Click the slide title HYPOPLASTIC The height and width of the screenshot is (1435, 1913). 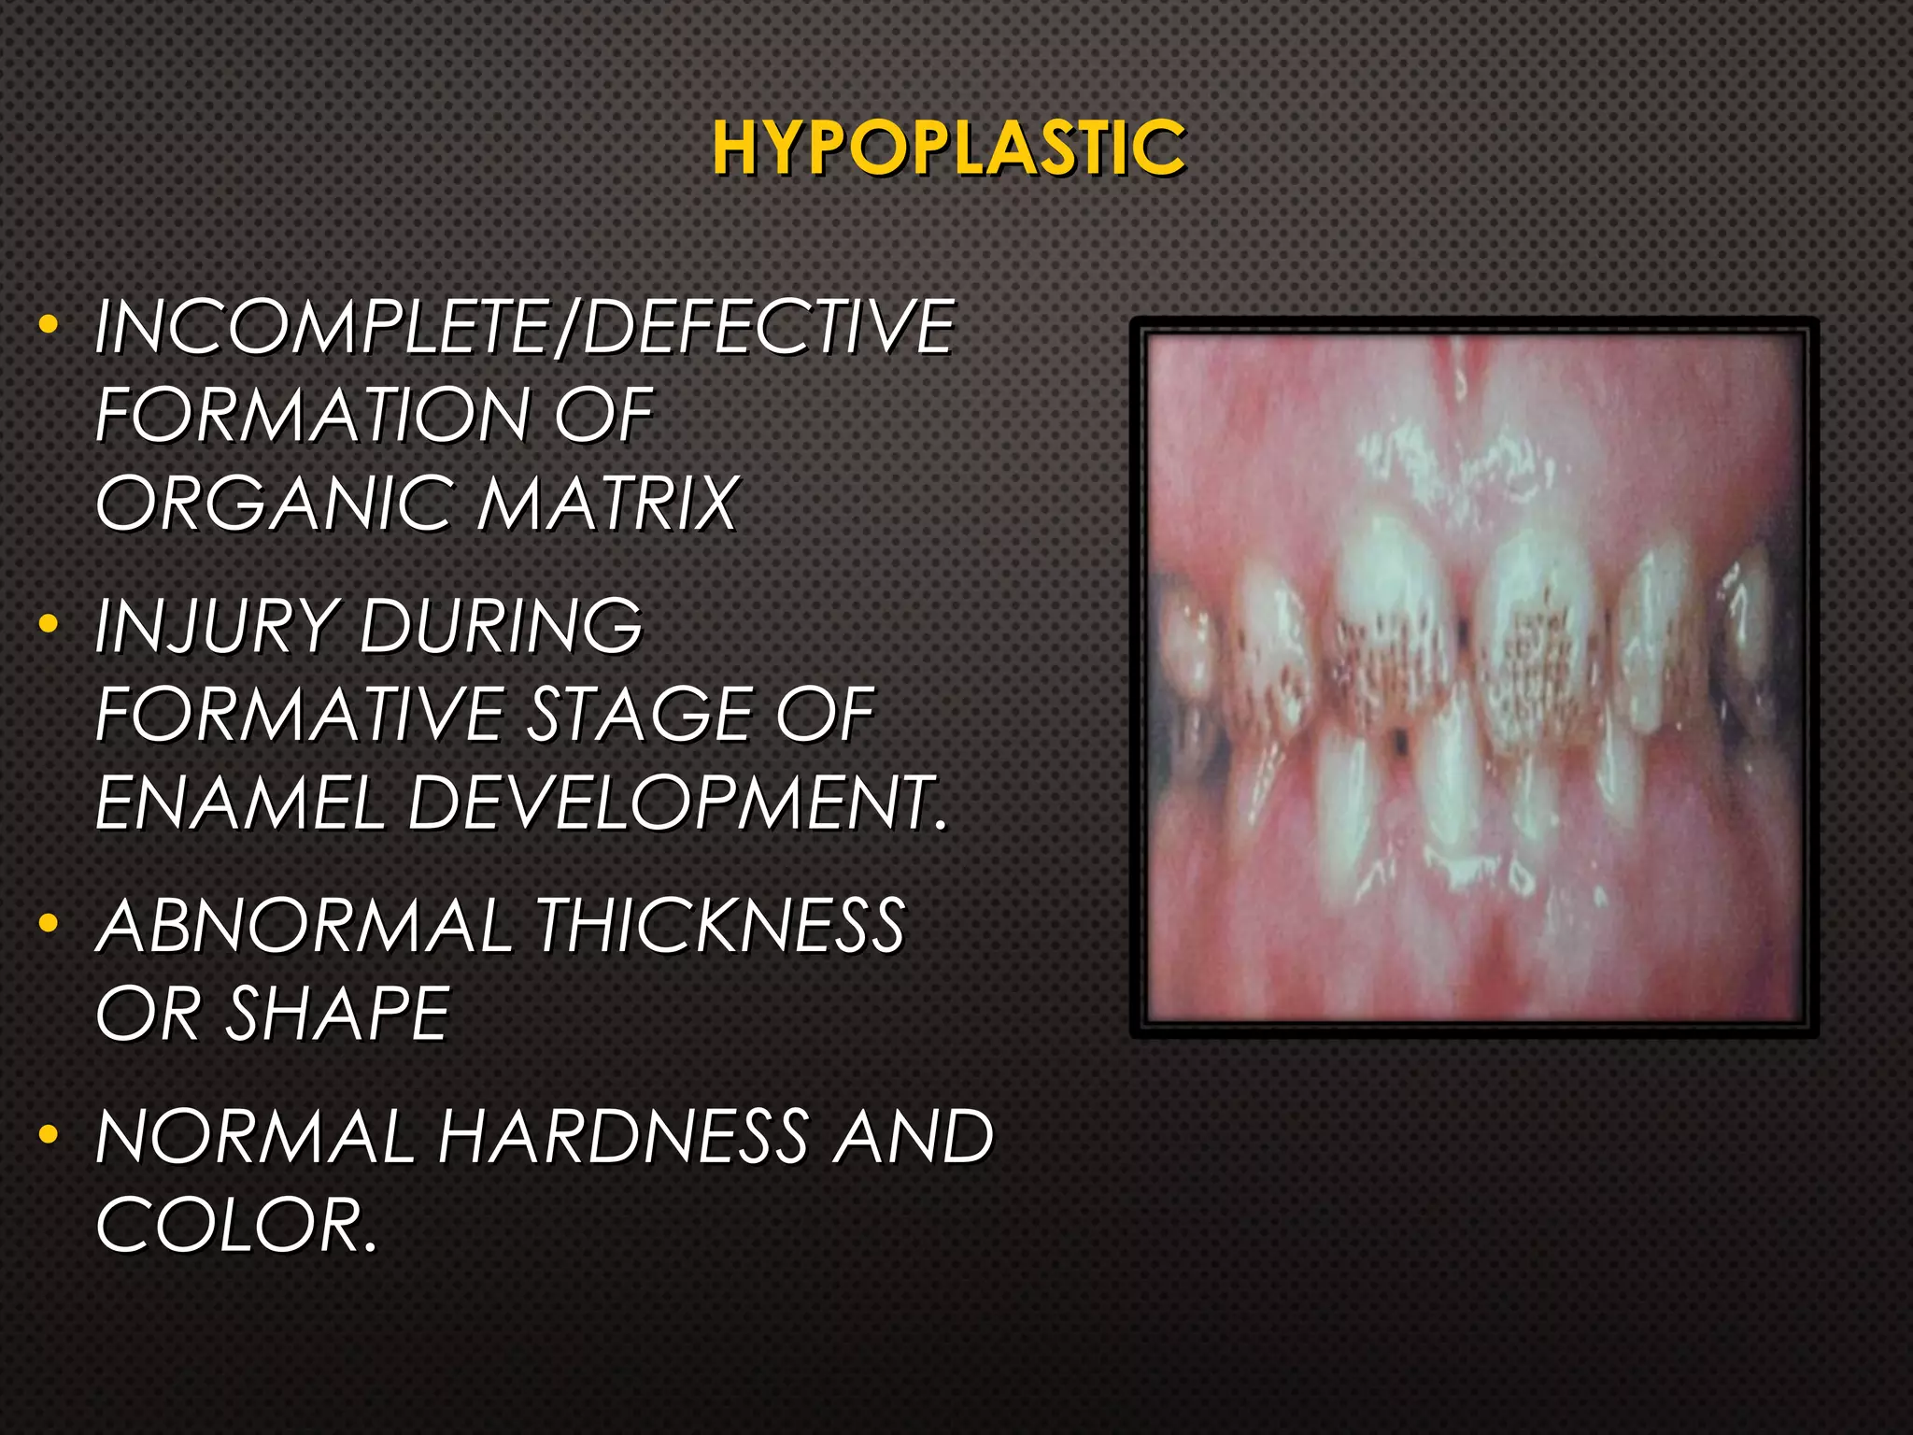[948, 149]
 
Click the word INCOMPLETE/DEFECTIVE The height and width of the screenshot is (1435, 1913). [524, 327]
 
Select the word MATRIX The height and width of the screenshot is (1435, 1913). [607, 504]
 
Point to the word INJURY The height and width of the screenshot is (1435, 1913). [214, 625]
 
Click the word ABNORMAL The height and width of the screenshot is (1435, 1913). [304, 926]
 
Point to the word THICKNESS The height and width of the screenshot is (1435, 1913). [719, 926]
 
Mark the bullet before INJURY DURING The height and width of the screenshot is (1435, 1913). [49, 623]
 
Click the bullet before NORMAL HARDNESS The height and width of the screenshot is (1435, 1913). [49, 1135]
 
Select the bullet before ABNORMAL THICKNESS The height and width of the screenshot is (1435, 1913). [49, 924]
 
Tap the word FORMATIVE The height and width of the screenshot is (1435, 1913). [299, 715]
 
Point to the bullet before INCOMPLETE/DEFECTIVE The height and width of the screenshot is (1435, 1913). [49, 325]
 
